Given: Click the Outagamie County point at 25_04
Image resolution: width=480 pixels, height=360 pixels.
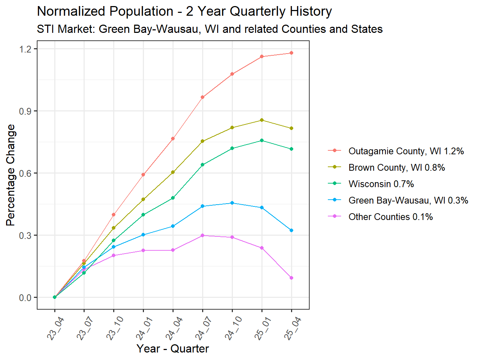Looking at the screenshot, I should [x=291, y=53].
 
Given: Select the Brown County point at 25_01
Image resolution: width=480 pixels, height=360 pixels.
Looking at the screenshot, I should [x=262, y=120].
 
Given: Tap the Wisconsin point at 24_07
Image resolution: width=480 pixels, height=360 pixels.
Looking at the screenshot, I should [x=202, y=165].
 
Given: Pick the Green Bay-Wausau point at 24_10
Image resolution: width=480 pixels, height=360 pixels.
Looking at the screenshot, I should [x=232, y=203].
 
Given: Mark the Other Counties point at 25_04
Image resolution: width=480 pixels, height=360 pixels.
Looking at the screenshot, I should [x=291, y=278].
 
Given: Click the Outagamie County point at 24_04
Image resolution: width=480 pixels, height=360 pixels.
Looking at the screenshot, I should [x=173, y=139].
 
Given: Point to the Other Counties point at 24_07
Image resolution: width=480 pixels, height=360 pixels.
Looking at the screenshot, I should [x=202, y=235].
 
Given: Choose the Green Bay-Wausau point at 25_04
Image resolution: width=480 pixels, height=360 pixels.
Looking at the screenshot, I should [x=291, y=230].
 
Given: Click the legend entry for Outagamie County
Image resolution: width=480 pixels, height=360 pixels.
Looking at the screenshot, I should [x=406, y=151].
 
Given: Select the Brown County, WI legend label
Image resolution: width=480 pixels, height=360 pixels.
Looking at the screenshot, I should [x=396, y=167].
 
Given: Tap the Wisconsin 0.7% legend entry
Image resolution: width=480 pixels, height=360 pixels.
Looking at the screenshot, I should [x=381, y=184].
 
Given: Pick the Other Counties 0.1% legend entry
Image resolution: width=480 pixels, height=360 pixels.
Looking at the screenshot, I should [x=390, y=217].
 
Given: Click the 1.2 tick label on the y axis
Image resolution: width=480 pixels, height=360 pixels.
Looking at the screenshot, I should [x=25, y=49].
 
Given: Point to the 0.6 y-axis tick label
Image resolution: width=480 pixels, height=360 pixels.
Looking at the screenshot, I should [x=25, y=173].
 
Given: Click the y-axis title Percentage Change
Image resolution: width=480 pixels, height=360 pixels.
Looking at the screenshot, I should [x=11, y=175].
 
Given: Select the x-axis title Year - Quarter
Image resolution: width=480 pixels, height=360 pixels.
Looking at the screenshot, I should [x=172, y=349].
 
